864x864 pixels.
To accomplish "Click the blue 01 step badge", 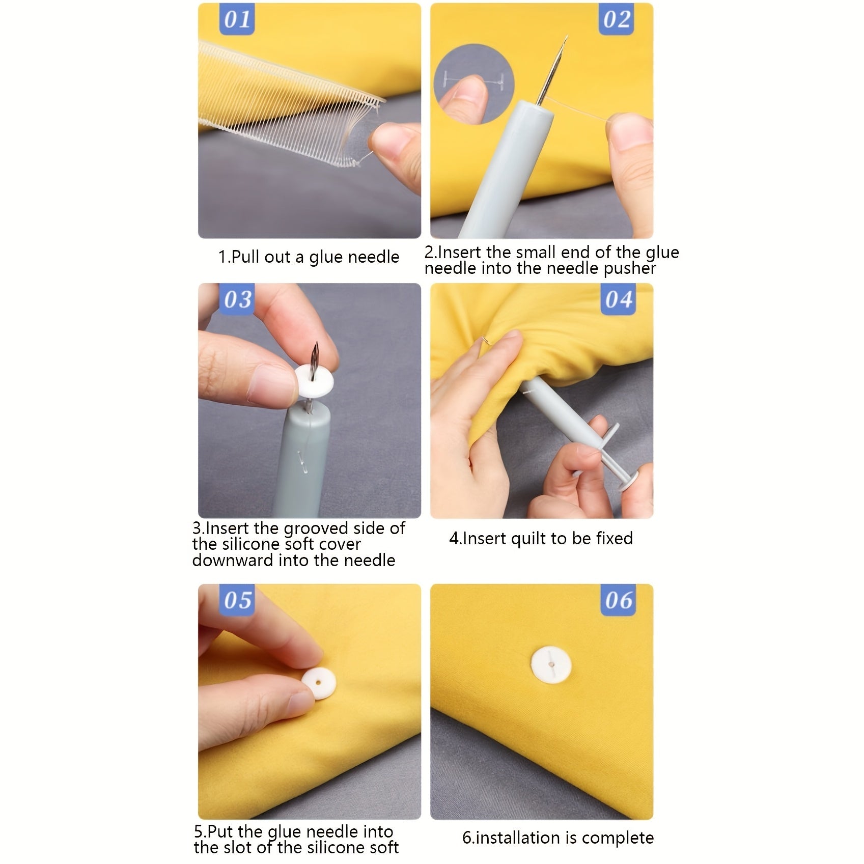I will [x=237, y=20].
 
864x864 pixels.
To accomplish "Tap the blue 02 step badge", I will [x=617, y=20].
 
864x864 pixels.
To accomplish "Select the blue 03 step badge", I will [x=237, y=299].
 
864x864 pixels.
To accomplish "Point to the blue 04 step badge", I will [x=618, y=299].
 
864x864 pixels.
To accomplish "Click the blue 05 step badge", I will [x=237, y=600].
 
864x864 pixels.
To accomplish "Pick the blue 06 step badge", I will [x=618, y=600].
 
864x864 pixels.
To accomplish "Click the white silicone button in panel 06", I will [x=551, y=664].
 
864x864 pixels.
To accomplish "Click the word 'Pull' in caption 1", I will [x=246, y=257].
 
